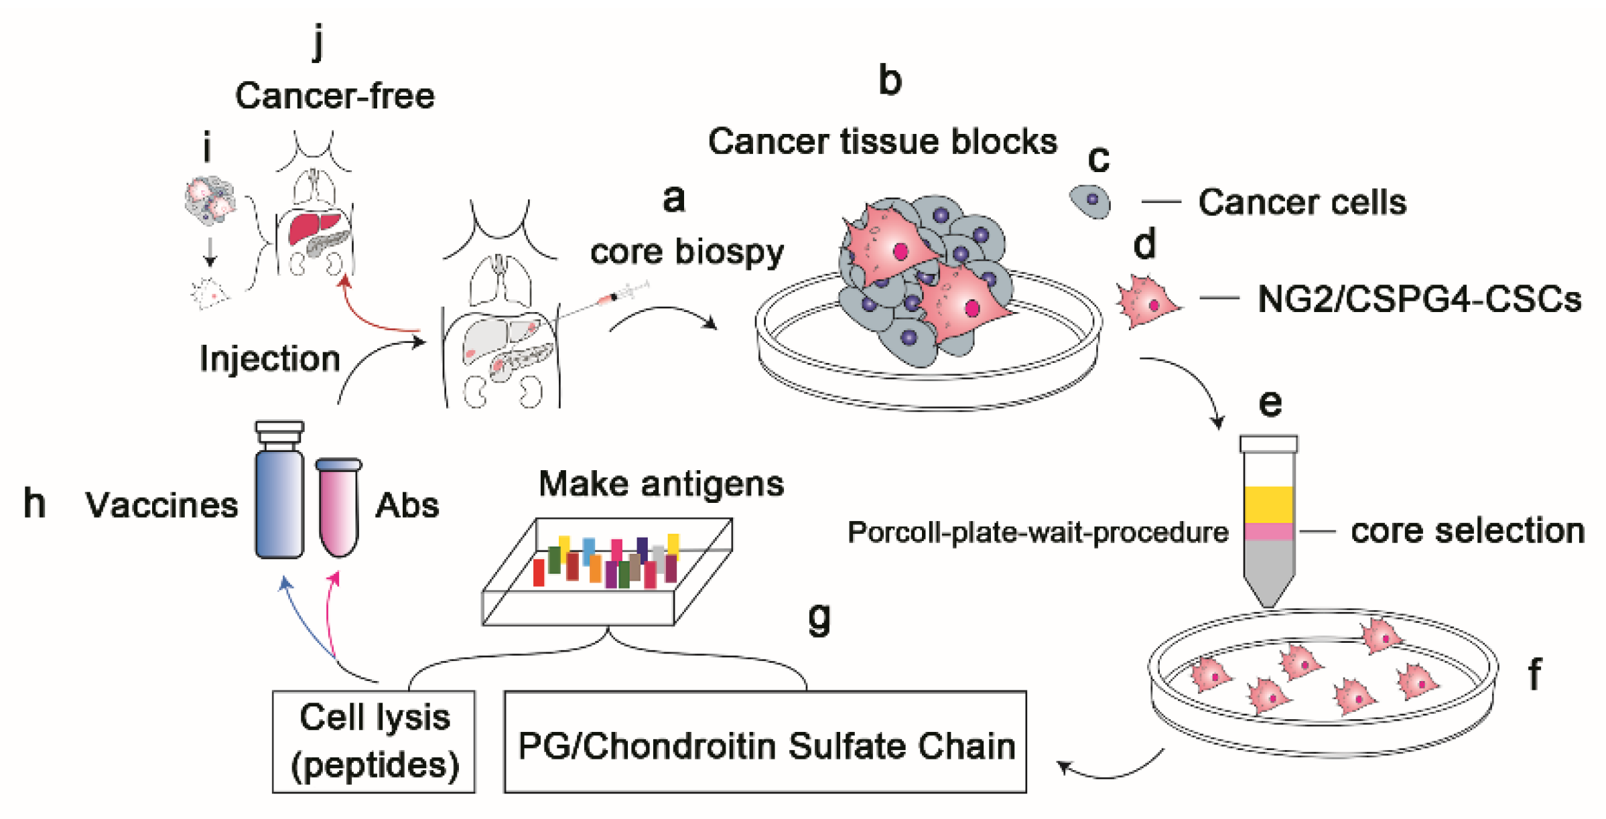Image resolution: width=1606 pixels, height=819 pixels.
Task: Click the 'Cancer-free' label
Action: [334, 96]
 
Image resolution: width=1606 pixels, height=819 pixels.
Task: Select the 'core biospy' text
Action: [687, 252]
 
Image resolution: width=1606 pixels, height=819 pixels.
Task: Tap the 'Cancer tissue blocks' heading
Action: [882, 141]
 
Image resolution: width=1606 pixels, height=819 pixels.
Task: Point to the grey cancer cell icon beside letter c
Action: [1089, 201]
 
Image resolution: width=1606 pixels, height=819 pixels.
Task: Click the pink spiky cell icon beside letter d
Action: [1147, 302]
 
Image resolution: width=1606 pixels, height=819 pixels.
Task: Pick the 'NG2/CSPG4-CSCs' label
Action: [1420, 299]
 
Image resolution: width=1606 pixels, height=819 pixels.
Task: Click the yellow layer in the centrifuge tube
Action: [1268, 504]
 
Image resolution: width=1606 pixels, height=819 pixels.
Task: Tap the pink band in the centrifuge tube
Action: [1268, 532]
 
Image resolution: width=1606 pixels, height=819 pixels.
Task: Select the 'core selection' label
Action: [1467, 530]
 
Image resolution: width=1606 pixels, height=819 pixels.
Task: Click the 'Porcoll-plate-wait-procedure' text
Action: [1038, 532]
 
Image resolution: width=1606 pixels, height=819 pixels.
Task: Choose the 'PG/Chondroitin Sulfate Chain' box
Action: [765, 741]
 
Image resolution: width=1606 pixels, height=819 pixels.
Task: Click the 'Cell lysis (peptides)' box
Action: [374, 741]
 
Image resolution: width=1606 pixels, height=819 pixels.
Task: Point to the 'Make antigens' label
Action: [661, 483]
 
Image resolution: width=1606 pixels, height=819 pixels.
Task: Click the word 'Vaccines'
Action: [161, 505]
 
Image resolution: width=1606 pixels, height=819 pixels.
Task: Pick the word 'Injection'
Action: [270, 359]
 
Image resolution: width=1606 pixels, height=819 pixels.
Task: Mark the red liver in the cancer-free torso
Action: [316, 228]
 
